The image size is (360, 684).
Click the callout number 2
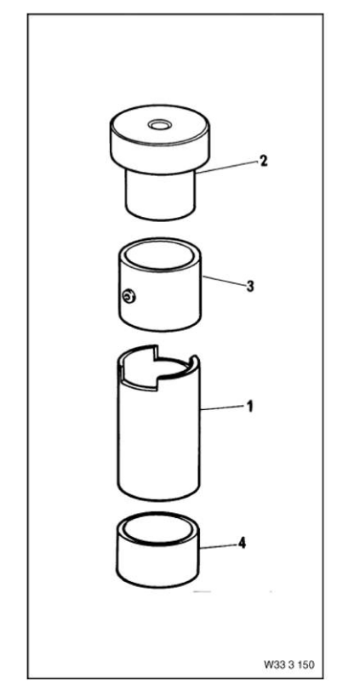pos(263,161)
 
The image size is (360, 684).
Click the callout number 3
pos(250,286)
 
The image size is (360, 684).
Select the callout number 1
pos(249,407)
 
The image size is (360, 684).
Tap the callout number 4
pos(242,544)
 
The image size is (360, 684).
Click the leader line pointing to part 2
pos(226,168)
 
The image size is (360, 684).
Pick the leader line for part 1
pos(221,408)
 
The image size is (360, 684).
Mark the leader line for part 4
pos(217,544)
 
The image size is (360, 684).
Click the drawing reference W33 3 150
pos(289,664)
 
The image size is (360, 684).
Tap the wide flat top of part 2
pos(157,125)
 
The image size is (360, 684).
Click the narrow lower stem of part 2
pos(160,194)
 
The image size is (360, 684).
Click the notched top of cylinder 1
pos(158,368)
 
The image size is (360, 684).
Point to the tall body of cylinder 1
pos(159,441)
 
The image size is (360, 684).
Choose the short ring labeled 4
pos(158,549)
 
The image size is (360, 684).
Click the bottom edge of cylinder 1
pos(159,499)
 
